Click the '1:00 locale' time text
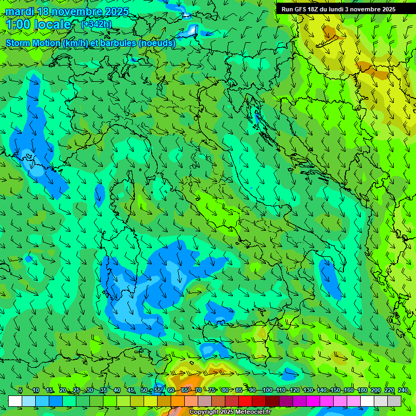[x=38, y=24]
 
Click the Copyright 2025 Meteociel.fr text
[x=230, y=412]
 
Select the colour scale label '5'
[x=21, y=390]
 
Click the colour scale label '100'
[x=267, y=390]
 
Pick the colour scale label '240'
[x=402, y=390]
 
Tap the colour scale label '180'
[x=362, y=390]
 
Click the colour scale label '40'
[x=117, y=390]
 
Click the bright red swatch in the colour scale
[x=245, y=401]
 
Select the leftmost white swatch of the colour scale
[x=15, y=401]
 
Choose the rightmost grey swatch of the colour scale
[x=394, y=401]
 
